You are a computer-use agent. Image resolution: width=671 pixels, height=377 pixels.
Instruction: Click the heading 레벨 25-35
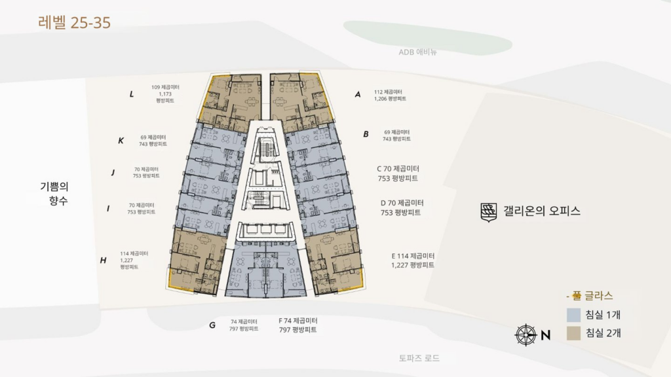click(x=74, y=23)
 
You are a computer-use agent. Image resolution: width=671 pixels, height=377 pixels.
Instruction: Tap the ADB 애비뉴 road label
click(x=417, y=52)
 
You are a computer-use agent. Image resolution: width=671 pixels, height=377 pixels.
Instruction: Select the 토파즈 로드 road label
click(x=419, y=358)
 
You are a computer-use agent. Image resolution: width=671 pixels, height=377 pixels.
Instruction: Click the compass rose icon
click(x=526, y=335)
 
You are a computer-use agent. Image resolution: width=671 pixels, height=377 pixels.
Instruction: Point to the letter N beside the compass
click(x=545, y=335)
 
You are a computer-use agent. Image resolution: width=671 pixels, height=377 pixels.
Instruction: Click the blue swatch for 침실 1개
click(x=574, y=315)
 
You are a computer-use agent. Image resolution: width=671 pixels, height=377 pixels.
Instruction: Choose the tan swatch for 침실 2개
click(x=574, y=333)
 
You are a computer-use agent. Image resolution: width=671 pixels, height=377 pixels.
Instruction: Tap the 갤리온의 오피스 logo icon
click(x=489, y=211)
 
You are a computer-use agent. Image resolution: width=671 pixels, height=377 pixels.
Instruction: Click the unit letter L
click(x=132, y=94)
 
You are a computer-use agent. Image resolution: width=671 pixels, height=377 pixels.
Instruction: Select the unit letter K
click(x=121, y=141)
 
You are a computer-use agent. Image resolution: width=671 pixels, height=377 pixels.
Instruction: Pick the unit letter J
click(x=113, y=173)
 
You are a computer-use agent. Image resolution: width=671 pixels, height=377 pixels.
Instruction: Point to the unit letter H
click(x=104, y=260)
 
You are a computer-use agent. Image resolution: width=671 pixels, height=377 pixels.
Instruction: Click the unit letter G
click(x=212, y=325)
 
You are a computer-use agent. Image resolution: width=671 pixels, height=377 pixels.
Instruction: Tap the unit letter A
click(x=358, y=94)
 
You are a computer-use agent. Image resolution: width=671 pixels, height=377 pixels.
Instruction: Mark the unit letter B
click(x=366, y=134)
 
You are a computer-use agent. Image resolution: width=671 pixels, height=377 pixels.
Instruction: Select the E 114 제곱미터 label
click(x=413, y=256)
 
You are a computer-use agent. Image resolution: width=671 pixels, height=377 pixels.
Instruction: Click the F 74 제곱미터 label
click(x=297, y=321)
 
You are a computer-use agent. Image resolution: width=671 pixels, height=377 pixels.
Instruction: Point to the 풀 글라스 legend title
click(x=590, y=296)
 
